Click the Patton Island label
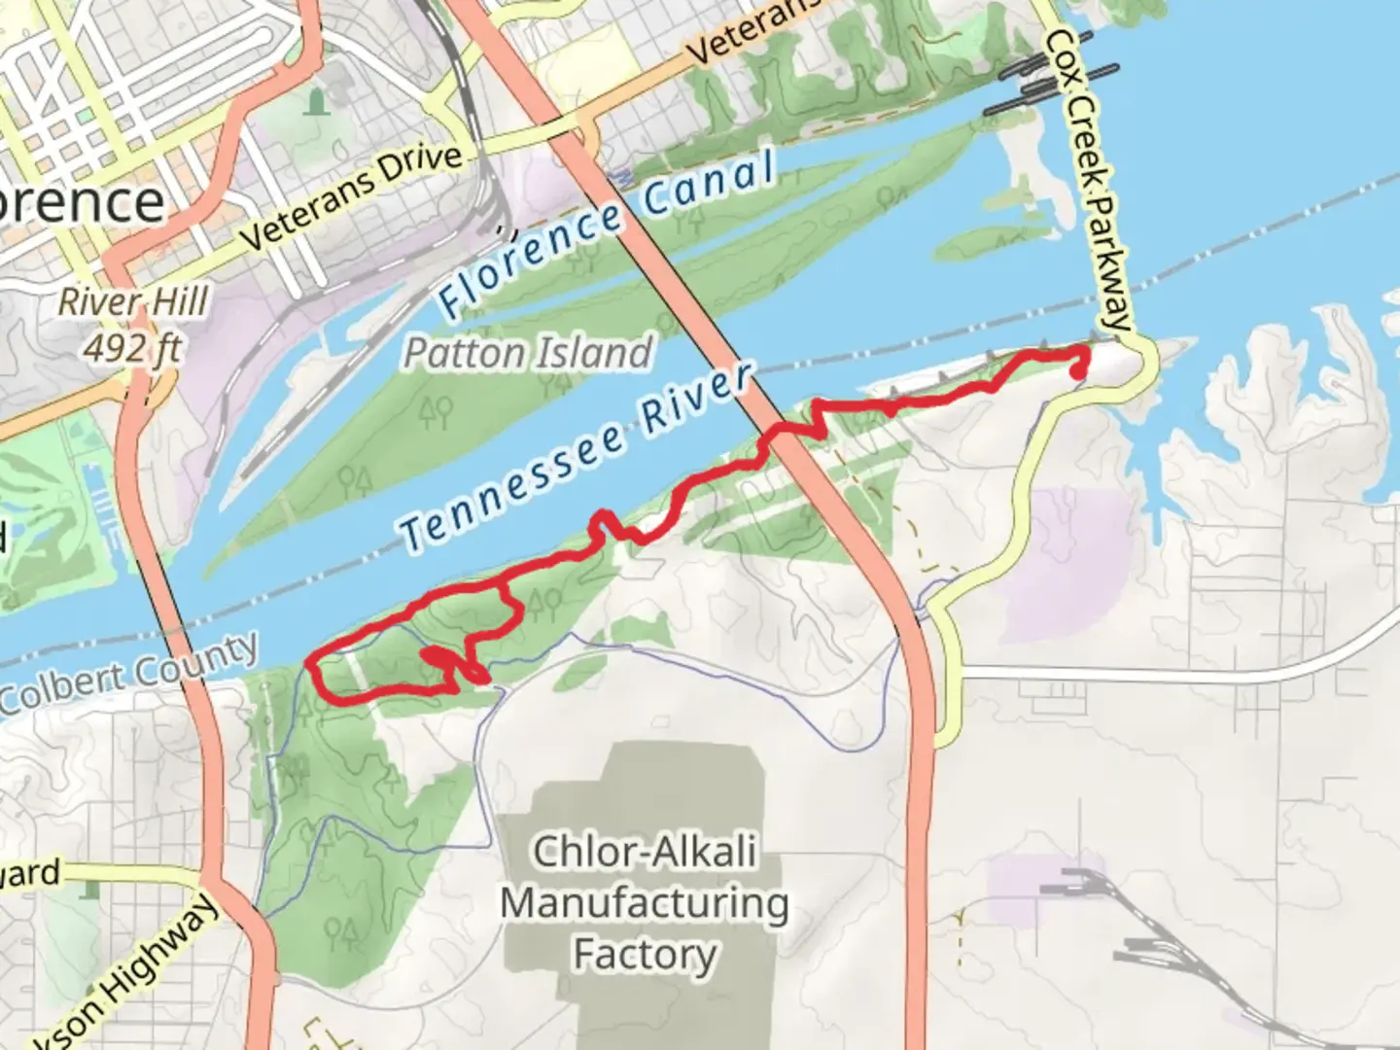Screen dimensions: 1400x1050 tap(528, 353)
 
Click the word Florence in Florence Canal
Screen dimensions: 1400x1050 tap(530, 260)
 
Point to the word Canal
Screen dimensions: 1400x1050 tap(710, 185)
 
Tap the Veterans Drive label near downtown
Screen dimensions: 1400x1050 tap(351, 195)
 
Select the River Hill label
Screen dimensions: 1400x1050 tap(133, 302)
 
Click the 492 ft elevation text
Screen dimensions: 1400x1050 tap(133, 347)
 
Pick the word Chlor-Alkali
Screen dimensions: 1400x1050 tap(645, 853)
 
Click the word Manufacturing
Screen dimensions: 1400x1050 tap(645, 903)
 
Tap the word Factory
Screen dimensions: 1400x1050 tap(645, 954)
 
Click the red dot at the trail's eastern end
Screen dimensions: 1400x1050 tap(1077, 370)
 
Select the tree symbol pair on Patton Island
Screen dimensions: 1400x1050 tap(436, 413)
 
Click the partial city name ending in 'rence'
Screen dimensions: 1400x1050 tap(83, 202)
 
